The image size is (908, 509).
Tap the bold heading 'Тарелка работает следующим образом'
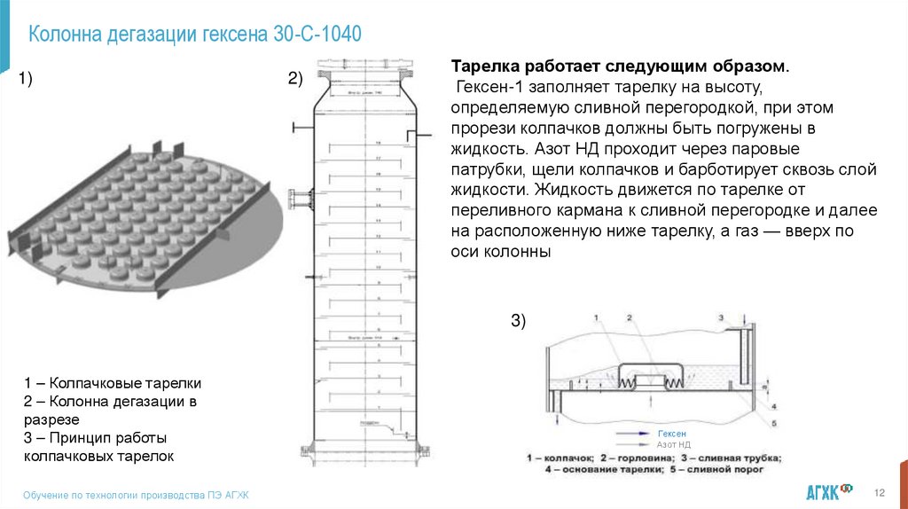tap(619, 67)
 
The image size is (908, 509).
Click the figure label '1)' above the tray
tap(26, 81)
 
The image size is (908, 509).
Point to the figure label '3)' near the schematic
tap(518, 322)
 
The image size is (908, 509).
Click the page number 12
tap(881, 493)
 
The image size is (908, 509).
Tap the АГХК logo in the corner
tap(828, 491)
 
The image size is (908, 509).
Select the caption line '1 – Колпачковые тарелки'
tap(113, 383)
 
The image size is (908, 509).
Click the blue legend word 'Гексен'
tap(671, 433)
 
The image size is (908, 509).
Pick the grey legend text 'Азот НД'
tap(673, 444)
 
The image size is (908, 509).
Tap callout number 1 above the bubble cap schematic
tap(597, 317)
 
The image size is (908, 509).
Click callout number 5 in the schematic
tap(776, 424)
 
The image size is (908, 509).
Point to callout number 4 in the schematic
tap(774, 407)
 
